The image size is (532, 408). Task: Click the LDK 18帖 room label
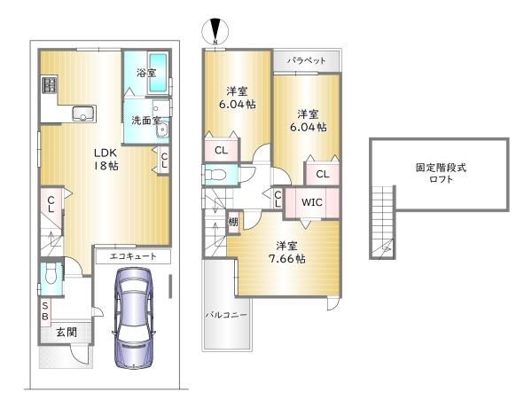tap(107, 158)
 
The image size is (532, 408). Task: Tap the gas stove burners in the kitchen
tap(48, 88)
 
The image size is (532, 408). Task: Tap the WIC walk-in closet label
tap(311, 202)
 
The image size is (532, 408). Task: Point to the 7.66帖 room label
tap(289, 252)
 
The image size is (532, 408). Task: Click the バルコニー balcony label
tap(227, 314)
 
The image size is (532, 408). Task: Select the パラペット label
tap(306, 60)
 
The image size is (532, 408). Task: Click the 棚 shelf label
tap(232, 222)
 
